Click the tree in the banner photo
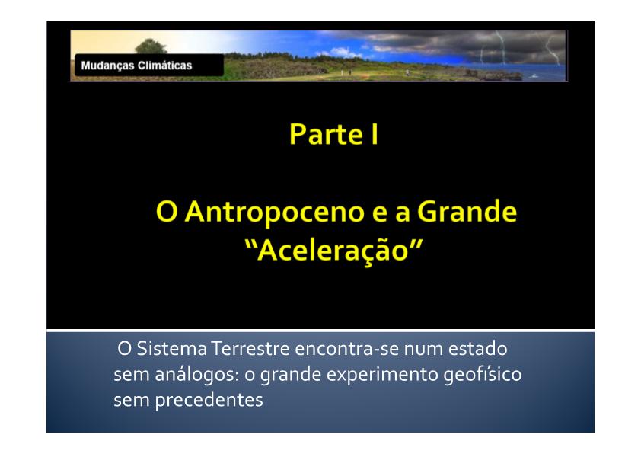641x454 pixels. click(x=151, y=46)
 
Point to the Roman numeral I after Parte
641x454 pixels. click(x=374, y=134)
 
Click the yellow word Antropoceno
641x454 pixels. click(x=274, y=212)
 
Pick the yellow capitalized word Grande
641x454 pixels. click(x=467, y=211)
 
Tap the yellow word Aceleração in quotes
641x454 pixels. click(x=333, y=251)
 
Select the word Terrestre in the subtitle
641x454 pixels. click(x=250, y=348)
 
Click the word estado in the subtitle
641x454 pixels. click(x=478, y=349)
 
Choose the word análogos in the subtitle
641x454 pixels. click(x=197, y=375)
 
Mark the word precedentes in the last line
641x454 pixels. click(x=209, y=400)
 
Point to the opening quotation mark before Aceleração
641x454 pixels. click(x=250, y=243)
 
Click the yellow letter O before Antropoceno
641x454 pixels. click(x=167, y=212)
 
